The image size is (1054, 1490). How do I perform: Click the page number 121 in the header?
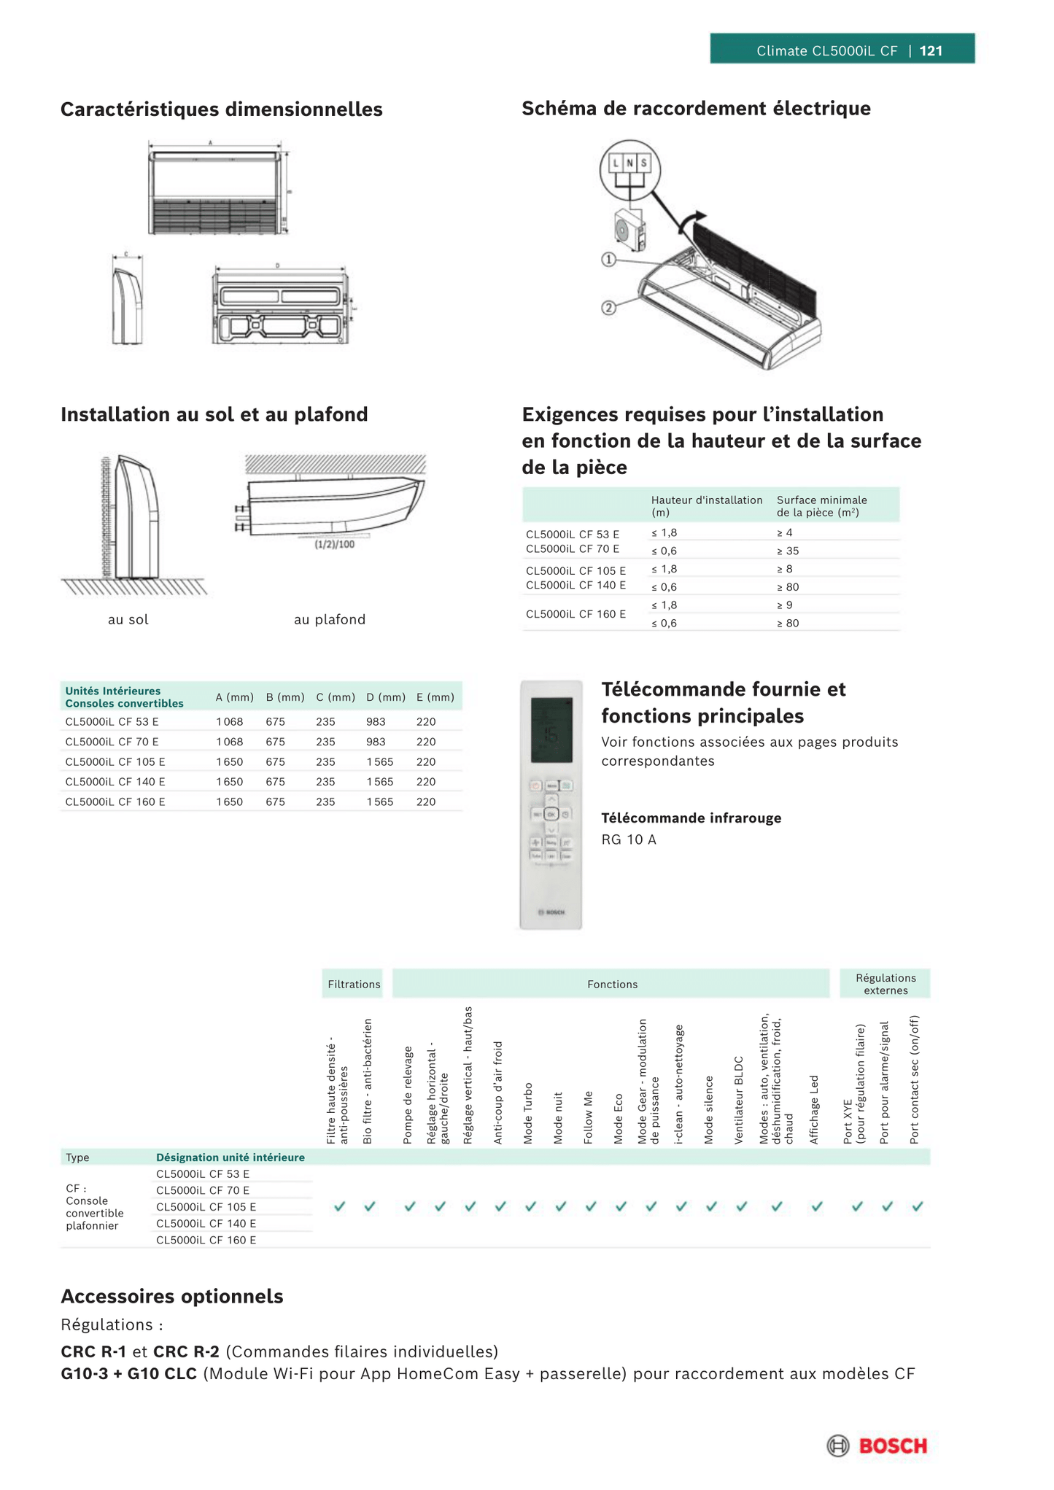click(931, 51)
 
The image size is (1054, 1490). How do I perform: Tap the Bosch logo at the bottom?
click(877, 1446)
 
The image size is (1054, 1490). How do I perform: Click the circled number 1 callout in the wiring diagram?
click(608, 260)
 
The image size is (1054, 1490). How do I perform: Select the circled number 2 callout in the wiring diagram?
click(608, 308)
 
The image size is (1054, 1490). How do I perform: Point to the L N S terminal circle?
click(629, 169)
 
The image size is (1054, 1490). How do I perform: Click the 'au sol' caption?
click(128, 620)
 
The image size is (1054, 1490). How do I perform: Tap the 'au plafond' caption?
click(330, 620)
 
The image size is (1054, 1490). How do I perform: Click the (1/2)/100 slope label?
click(335, 544)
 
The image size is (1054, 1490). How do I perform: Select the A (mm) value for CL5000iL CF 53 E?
click(229, 722)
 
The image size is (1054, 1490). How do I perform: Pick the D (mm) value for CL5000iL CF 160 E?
click(379, 802)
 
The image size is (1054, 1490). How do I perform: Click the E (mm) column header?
click(435, 697)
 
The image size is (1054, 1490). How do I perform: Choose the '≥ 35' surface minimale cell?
click(788, 551)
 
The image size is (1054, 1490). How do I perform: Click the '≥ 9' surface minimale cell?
click(785, 605)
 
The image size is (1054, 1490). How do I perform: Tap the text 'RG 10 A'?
click(629, 840)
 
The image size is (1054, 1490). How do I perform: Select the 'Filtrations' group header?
click(354, 985)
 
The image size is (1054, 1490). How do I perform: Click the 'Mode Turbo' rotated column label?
click(529, 1113)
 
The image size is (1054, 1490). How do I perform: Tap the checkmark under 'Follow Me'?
click(590, 1206)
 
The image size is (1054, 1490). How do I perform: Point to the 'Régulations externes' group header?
click(886, 985)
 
